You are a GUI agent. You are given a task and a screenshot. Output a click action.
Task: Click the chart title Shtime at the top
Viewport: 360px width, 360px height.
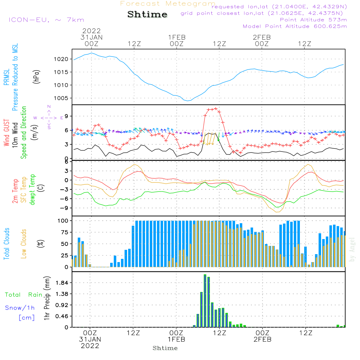pos(147,15)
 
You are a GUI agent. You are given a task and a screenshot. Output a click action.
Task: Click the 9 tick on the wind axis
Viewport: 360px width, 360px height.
pos(66,116)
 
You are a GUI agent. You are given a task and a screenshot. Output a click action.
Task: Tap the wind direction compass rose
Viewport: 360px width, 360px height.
pos(49,118)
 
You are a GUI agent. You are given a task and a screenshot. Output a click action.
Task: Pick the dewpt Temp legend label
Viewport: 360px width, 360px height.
pos(32,190)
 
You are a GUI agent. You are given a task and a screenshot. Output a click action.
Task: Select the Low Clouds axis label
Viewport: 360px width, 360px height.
pos(24,243)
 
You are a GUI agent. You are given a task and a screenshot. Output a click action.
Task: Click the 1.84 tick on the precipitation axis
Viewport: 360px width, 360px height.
pos(62,283)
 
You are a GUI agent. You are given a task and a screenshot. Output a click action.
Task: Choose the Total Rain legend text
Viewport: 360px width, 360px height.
pos(24,295)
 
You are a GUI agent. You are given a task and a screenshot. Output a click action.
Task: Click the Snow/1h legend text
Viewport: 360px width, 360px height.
pos(20,308)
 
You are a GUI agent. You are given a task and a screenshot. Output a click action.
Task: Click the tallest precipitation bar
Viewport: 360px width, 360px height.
pos(205,301)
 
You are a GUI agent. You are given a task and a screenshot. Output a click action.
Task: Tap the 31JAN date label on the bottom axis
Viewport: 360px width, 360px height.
pos(90,339)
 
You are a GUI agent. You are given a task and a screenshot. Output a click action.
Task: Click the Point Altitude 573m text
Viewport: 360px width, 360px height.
pos(313,19)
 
